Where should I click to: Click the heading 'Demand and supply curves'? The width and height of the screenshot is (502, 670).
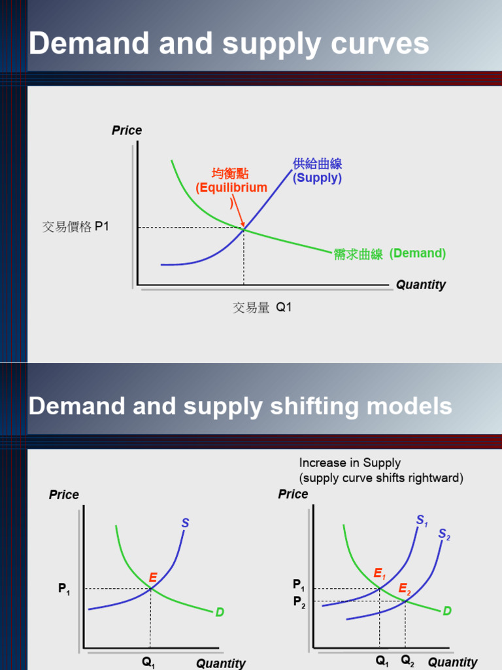pyautogui.click(x=229, y=44)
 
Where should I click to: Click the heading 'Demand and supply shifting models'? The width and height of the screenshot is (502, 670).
pyautogui.click(x=240, y=406)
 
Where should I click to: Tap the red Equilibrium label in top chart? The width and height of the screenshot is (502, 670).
pyautogui.click(x=231, y=188)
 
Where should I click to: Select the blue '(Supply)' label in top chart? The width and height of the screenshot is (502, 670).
pyautogui.click(x=317, y=178)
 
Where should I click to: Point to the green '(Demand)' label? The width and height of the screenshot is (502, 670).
pyautogui.click(x=418, y=253)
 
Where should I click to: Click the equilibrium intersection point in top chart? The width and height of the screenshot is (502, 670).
pyautogui.click(x=244, y=228)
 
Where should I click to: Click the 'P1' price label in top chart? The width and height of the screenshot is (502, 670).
pyautogui.click(x=102, y=227)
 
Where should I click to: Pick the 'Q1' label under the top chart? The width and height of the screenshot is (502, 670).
pyautogui.click(x=284, y=306)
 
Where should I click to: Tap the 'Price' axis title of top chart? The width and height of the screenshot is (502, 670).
pyautogui.click(x=127, y=130)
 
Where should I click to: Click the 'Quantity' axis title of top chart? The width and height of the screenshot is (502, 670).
pyautogui.click(x=420, y=285)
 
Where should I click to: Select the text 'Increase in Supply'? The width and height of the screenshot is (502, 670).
pyautogui.click(x=350, y=463)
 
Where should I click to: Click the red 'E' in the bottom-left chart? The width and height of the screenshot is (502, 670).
pyautogui.click(x=153, y=578)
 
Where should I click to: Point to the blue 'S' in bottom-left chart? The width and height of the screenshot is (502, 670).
pyautogui.click(x=185, y=523)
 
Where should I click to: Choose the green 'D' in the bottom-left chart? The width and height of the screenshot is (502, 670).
pyautogui.click(x=220, y=612)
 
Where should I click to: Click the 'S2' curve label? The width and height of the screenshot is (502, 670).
pyautogui.click(x=444, y=535)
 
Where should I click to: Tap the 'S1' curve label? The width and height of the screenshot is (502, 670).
pyautogui.click(x=422, y=521)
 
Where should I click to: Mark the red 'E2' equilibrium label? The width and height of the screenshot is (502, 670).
pyautogui.click(x=405, y=588)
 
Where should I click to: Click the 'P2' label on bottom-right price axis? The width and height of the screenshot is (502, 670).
pyautogui.click(x=298, y=602)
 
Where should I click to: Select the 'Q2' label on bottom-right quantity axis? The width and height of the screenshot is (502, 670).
pyautogui.click(x=408, y=661)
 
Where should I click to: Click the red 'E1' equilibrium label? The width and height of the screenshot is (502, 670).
pyautogui.click(x=380, y=574)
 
